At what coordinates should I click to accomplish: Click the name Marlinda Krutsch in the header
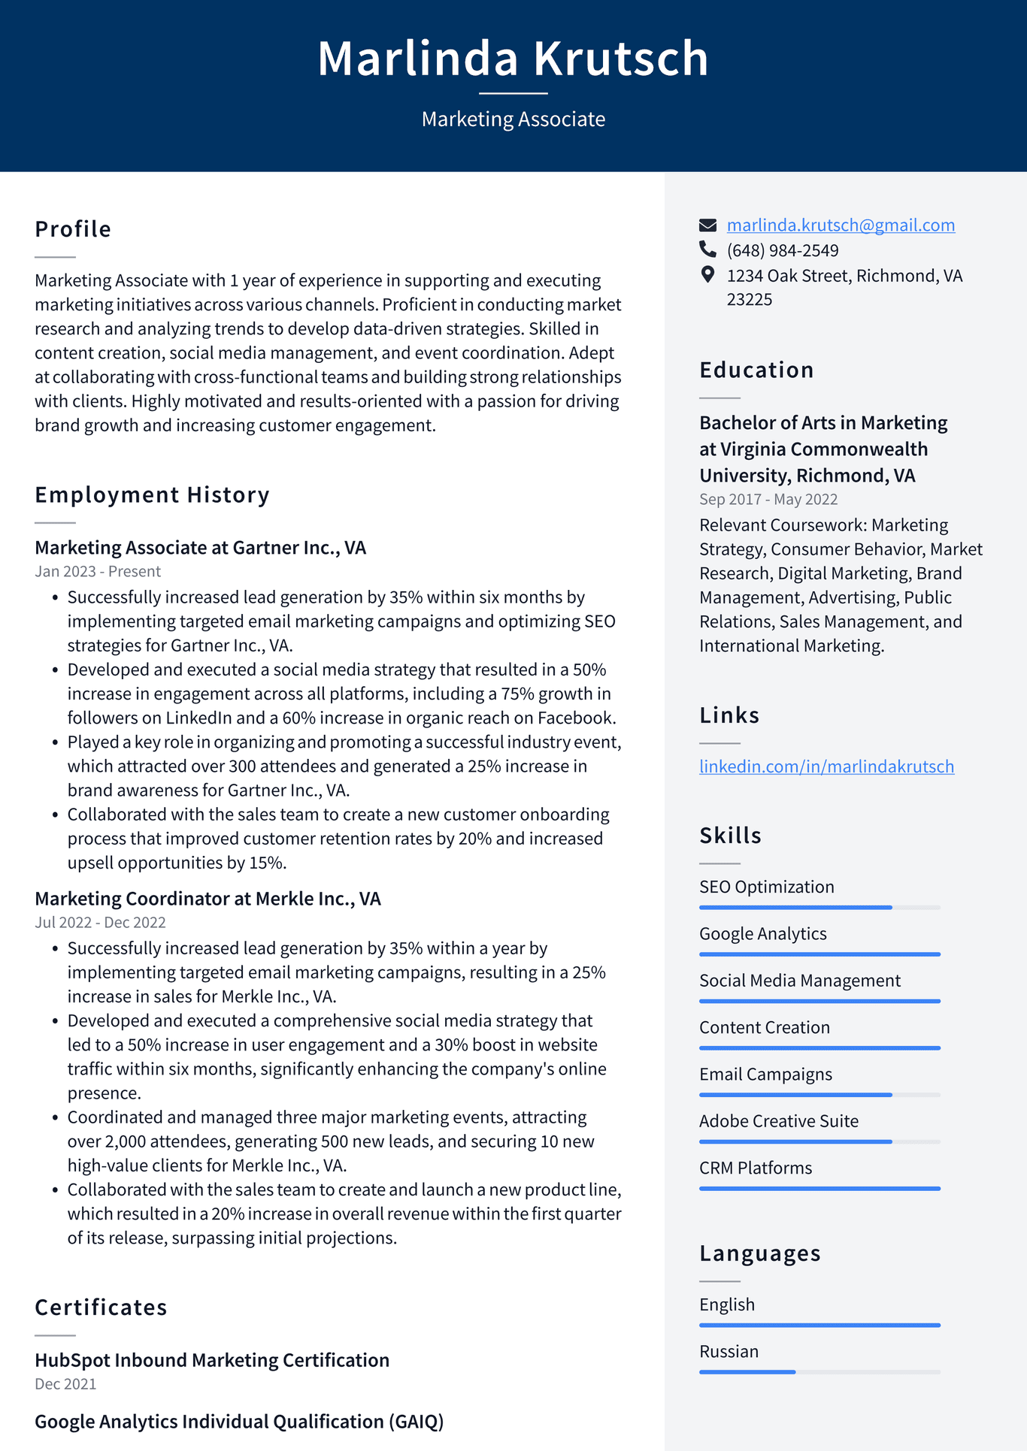pyautogui.click(x=513, y=59)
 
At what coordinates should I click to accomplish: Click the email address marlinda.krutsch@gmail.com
pyautogui.click(x=841, y=225)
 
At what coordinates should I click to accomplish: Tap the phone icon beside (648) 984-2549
pyautogui.click(x=707, y=249)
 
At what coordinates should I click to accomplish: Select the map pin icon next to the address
pyautogui.click(x=707, y=274)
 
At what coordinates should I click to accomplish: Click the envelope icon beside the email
pyautogui.click(x=707, y=225)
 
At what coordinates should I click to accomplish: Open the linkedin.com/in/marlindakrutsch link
pyautogui.click(x=826, y=766)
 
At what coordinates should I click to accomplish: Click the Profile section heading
pyautogui.click(x=73, y=229)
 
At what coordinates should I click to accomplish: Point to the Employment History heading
pyautogui.click(x=152, y=494)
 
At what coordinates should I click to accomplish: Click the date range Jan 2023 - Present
pyautogui.click(x=98, y=571)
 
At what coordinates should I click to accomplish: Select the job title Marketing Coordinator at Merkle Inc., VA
pyautogui.click(x=208, y=899)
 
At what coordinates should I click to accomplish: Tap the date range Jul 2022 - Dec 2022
pyautogui.click(x=100, y=922)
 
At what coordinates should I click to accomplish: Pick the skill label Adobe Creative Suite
pyautogui.click(x=778, y=1121)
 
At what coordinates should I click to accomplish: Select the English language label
pyautogui.click(x=726, y=1304)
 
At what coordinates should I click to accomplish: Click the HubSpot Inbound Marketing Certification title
pyautogui.click(x=212, y=1360)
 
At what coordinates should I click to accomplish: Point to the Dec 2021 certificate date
pyautogui.click(x=65, y=1383)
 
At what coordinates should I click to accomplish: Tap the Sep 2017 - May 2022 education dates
pyautogui.click(x=768, y=499)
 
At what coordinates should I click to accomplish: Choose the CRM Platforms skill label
pyautogui.click(x=755, y=1168)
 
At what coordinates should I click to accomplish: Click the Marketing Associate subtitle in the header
pyautogui.click(x=513, y=119)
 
